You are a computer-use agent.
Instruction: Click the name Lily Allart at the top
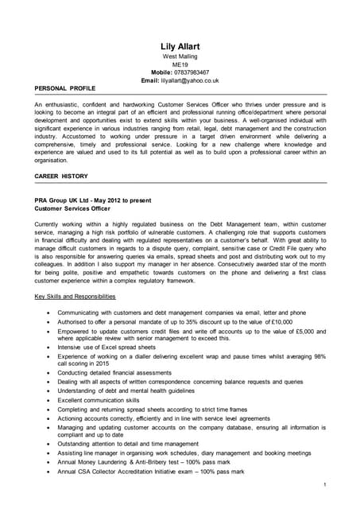tap(180, 47)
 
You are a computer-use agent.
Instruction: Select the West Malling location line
tap(180, 57)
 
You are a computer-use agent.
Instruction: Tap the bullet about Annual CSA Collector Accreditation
tap(151, 472)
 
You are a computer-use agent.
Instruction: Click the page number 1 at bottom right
tap(325, 484)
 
